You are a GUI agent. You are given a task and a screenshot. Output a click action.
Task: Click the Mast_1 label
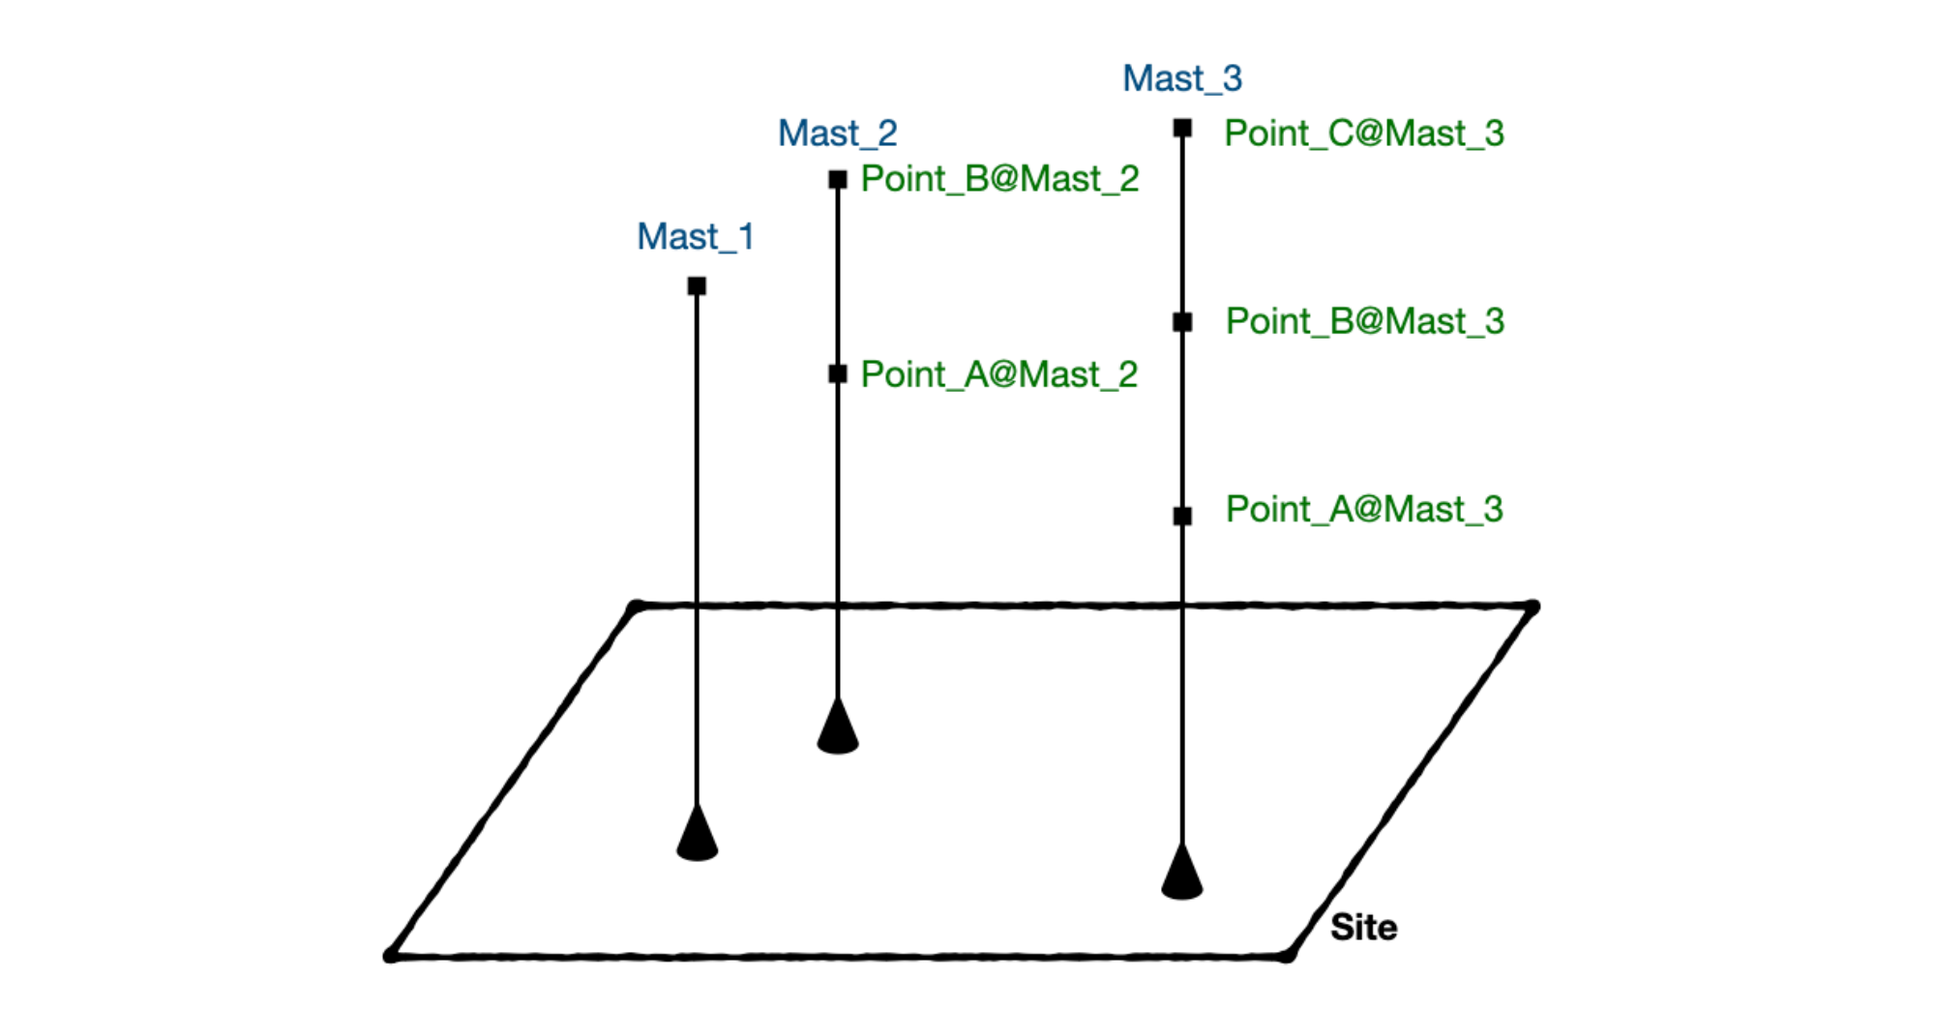(x=695, y=237)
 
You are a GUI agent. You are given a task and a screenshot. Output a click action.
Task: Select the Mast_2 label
(x=838, y=134)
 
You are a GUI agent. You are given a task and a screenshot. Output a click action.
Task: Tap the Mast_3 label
(x=1182, y=78)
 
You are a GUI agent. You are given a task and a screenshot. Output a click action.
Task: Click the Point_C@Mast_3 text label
(x=1364, y=134)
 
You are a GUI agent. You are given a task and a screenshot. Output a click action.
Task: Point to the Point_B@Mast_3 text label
(x=1364, y=321)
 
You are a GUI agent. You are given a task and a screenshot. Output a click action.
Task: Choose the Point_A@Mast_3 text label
(x=1364, y=509)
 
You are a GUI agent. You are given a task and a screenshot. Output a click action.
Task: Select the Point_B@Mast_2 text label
(x=999, y=179)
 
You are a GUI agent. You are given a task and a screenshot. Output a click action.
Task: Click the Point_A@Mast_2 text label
(x=999, y=374)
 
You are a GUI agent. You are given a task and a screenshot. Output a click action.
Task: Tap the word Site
(x=1363, y=928)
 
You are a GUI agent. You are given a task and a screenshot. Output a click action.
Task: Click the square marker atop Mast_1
(x=697, y=285)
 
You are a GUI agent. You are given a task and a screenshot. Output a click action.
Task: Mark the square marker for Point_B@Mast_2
(x=838, y=180)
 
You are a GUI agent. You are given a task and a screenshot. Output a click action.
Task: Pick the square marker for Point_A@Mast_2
(x=838, y=373)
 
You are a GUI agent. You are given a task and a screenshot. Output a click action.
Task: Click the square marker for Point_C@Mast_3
(x=1182, y=128)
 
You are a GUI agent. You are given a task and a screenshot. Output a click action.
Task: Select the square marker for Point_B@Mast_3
(x=1182, y=322)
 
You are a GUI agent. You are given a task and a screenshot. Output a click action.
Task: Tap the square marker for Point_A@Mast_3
(x=1182, y=516)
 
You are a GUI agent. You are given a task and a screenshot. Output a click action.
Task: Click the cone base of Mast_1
(x=697, y=838)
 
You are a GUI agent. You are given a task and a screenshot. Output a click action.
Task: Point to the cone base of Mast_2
(x=838, y=730)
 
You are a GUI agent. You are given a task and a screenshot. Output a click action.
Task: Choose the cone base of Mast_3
(x=1182, y=876)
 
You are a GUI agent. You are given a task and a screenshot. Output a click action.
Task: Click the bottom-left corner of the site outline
(x=391, y=955)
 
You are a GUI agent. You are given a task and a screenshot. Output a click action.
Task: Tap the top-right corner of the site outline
(x=1532, y=608)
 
